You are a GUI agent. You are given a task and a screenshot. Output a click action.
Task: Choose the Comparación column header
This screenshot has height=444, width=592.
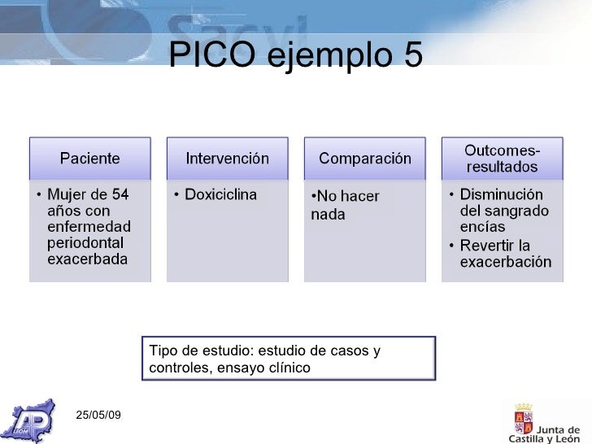click(364, 158)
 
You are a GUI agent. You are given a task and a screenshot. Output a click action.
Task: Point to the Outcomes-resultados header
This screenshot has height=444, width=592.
click(501, 159)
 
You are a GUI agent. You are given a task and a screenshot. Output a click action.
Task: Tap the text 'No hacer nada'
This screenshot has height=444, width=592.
click(342, 206)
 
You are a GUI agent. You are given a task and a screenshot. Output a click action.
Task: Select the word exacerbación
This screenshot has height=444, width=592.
click(506, 262)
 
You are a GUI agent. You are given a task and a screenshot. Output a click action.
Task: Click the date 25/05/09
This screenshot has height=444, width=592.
click(98, 415)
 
